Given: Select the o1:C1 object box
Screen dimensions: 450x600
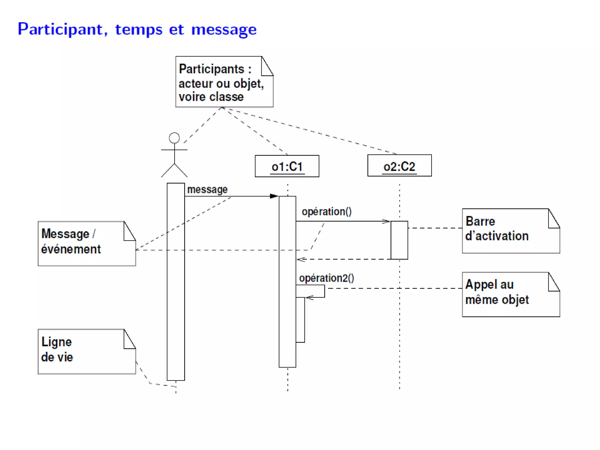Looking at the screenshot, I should (x=287, y=166).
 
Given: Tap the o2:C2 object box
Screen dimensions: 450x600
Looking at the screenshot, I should (x=399, y=166).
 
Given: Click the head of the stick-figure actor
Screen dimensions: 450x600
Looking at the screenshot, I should (x=174, y=138).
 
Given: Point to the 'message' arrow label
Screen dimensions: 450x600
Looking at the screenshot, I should (x=207, y=190).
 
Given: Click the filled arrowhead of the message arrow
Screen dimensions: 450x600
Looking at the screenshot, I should (x=274, y=196).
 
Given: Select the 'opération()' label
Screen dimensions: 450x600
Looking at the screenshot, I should (x=326, y=212).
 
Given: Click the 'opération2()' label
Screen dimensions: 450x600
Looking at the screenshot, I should (x=326, y=278).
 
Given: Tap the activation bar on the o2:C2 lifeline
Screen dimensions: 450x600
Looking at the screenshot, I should (x=399, y=240).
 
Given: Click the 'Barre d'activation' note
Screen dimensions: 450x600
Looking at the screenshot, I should (x=510, y=231).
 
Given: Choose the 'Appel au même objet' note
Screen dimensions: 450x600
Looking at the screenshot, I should (x=510, y=294).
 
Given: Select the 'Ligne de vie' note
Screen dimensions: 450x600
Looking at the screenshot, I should (x=86, y=351).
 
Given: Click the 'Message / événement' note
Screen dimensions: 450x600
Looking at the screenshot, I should (x=86, y=243).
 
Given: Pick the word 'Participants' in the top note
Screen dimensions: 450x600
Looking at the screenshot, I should (x=211, y=69).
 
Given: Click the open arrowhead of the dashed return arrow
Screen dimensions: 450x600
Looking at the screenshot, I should (x=301, y=259).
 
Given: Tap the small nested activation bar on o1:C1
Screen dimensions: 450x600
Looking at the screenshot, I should (x=300, y=320).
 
